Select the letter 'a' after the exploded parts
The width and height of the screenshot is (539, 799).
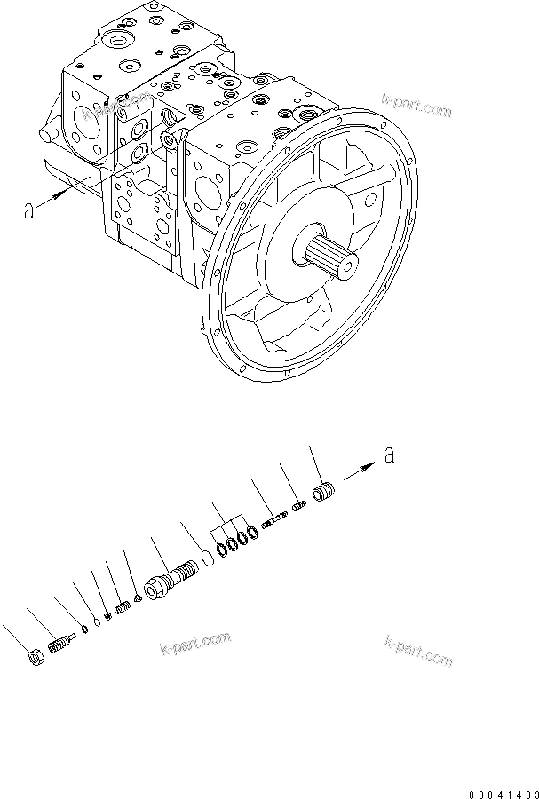388,455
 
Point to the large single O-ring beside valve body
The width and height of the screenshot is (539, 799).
207,558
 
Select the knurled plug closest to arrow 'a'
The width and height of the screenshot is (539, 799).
325,491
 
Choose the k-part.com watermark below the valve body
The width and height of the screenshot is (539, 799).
195,644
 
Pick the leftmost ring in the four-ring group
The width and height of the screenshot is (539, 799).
220,549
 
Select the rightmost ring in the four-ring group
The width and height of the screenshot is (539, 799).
253,533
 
